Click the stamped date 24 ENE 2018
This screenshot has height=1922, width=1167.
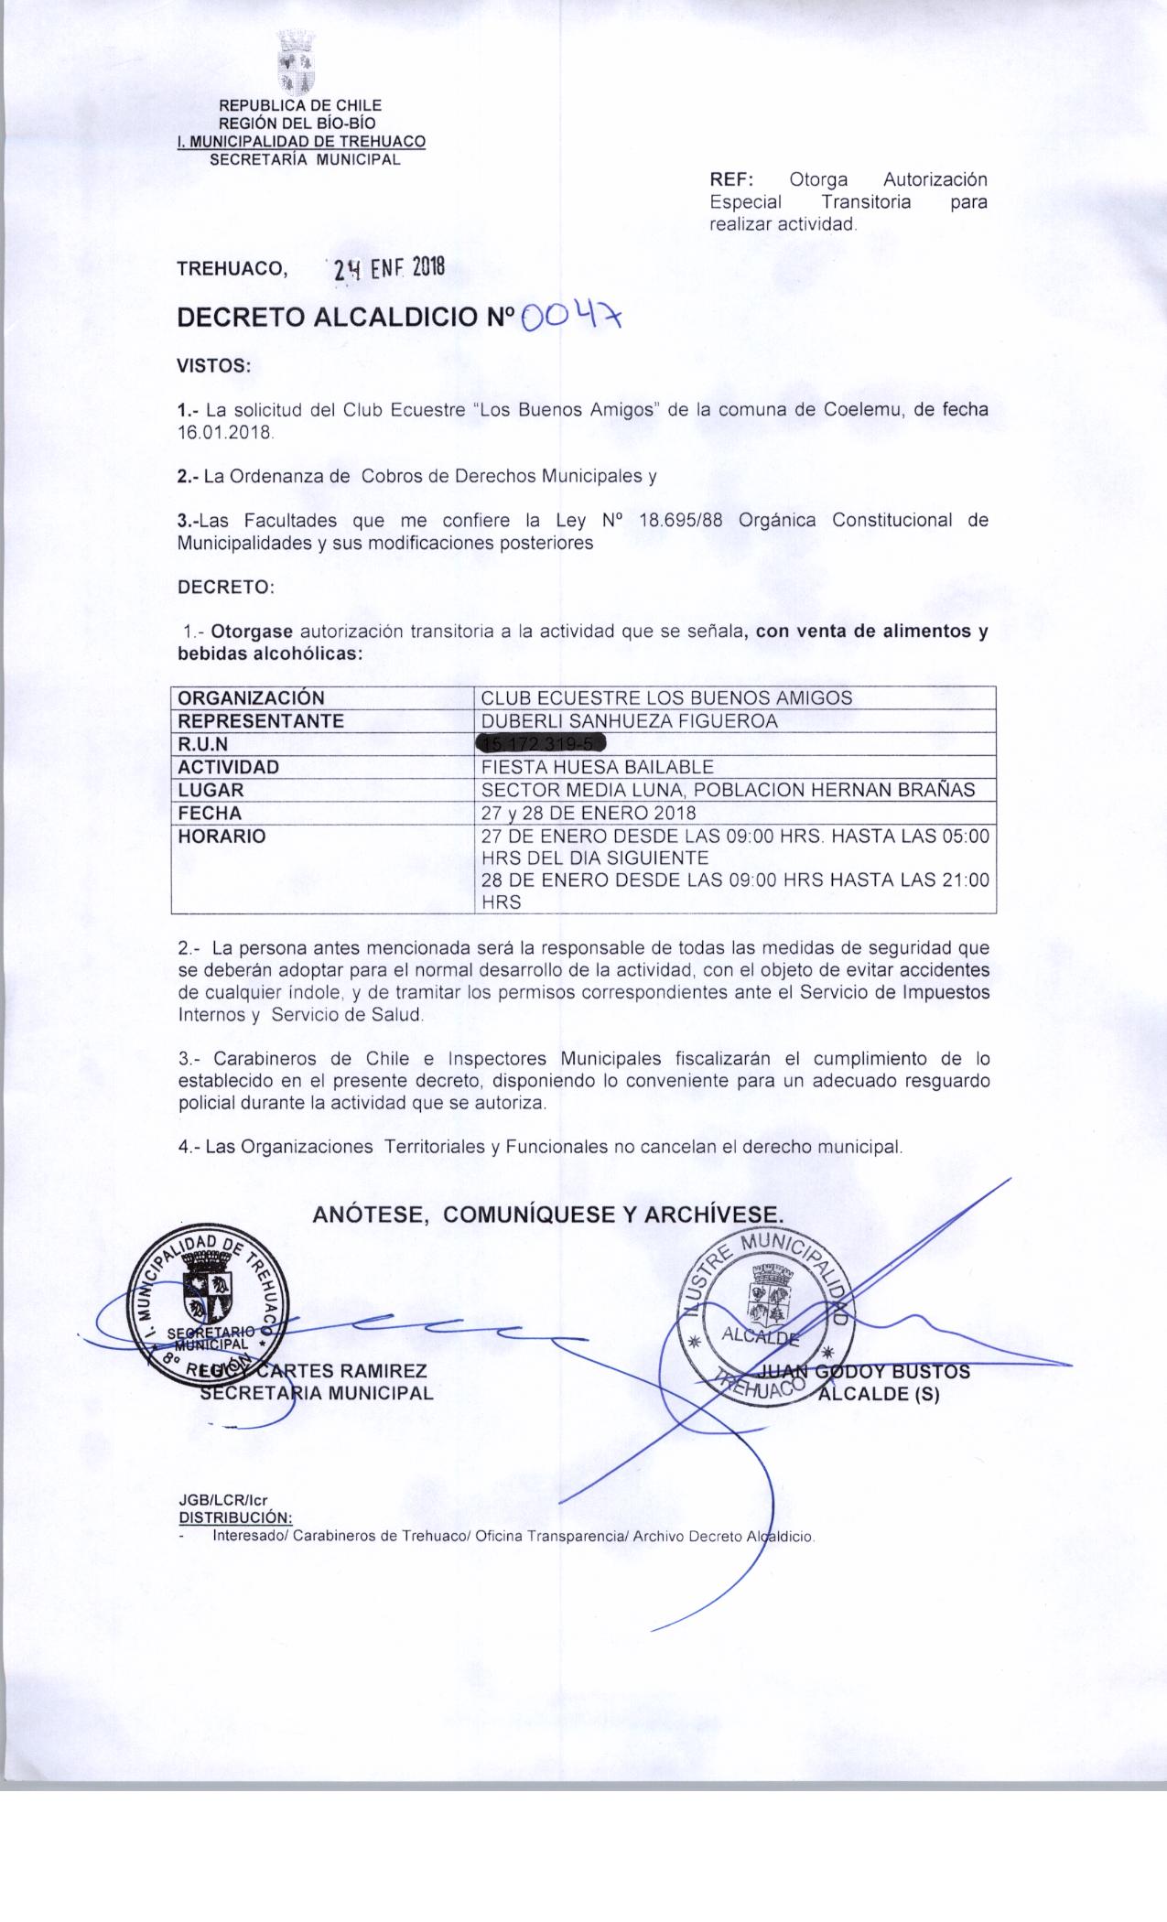[389, 268]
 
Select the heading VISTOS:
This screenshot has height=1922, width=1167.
[213, 365]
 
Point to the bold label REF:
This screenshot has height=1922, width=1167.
[730, 179]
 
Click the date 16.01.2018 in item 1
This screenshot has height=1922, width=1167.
[224, 432]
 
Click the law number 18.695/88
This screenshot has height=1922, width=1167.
[675, 521]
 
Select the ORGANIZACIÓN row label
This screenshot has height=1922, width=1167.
[251, 697]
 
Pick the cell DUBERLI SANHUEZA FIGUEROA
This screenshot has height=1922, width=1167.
[630, 720]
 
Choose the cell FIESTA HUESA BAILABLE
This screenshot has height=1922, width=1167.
[598, 767]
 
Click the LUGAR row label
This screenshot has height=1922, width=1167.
[211, 790]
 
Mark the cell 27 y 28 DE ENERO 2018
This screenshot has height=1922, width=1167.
[589, 813]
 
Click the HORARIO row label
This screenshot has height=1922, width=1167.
[222, 836]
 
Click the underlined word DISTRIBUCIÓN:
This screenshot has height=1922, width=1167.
[234, 1515]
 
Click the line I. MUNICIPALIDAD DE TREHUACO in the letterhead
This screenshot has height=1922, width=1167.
[301, 142]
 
